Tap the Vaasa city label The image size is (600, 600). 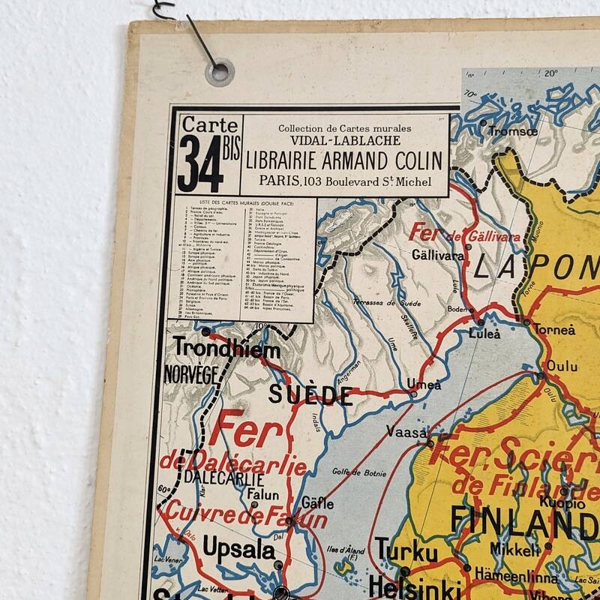click(406, 432)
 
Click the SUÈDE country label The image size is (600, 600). click(310, 394)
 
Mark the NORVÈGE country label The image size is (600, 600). click(190, 374)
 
